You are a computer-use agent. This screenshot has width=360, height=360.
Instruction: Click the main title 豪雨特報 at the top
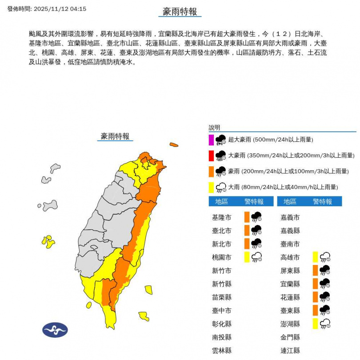180,12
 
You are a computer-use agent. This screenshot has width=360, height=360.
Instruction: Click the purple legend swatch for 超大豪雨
212,140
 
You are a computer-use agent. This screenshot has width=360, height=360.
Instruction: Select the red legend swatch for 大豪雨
212,156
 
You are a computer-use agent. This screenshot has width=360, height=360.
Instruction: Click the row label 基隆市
222,217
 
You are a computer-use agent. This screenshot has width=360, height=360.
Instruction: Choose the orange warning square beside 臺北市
247,230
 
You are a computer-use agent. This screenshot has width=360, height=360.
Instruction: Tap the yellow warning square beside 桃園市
247,257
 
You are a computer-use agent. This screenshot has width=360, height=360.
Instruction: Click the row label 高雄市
290,257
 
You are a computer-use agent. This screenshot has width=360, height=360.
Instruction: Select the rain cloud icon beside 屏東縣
325,270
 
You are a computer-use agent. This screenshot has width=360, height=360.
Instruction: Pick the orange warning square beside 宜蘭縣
315,284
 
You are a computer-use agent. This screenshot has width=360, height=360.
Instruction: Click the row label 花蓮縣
290,297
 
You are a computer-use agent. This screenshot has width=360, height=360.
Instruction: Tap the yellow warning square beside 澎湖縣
315,324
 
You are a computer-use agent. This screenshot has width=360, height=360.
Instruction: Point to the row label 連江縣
290,350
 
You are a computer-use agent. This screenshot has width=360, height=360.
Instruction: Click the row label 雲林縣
222,350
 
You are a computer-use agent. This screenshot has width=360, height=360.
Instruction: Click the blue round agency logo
55,330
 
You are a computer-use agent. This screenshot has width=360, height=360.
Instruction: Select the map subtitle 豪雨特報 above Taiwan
115,136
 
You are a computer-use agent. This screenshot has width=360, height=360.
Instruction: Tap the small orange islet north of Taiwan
173,144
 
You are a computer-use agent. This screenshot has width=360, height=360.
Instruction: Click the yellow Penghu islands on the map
48,242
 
